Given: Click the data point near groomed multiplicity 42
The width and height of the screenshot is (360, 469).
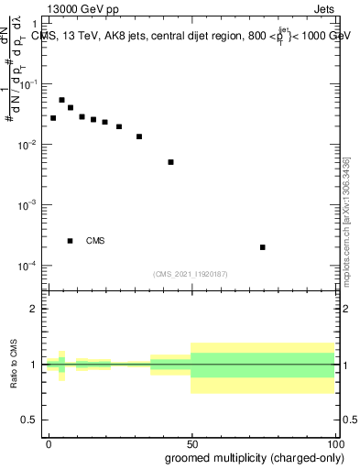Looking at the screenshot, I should coord(170,162).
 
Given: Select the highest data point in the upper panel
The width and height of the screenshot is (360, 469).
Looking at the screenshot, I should coord(61,100).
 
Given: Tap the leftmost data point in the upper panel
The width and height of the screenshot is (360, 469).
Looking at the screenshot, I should coord(53,118).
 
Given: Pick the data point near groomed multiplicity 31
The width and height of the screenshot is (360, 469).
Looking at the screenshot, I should coord(139,136).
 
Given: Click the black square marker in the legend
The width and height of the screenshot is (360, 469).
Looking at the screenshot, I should coord(71,241).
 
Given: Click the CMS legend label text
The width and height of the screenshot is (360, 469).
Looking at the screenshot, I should coord(95,241).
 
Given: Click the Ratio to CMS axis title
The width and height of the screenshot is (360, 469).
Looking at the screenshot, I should coord(14,364).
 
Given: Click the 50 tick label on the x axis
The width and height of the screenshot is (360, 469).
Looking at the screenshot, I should coord(191,442).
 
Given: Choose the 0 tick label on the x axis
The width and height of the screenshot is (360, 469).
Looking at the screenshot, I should coord(49,442).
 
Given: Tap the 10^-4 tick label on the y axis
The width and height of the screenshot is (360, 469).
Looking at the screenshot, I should coord(28,267).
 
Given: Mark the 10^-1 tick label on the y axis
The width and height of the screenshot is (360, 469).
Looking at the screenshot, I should coord(28,84).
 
